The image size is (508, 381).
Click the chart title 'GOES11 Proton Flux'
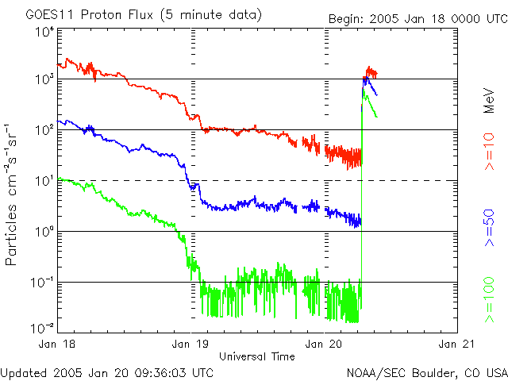89,15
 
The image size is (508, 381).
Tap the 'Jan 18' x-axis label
56,344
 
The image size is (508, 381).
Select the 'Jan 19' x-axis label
190,344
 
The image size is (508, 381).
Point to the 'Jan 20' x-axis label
324,344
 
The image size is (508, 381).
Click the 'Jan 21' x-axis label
456,344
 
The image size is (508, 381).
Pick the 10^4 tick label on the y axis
44,33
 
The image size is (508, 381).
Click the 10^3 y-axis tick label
44,79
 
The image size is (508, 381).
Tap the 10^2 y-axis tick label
44,129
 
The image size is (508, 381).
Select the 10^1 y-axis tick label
44,180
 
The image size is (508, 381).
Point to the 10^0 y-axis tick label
44,231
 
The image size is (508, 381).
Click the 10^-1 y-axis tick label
42,283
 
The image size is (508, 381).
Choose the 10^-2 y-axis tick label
42,329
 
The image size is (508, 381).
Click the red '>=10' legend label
489,152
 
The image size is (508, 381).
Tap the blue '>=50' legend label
489,228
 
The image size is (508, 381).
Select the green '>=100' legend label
489,300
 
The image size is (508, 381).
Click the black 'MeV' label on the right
489,101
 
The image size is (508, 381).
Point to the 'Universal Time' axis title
257,356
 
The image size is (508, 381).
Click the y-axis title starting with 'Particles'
11,194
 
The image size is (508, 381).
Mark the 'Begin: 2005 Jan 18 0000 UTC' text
418,19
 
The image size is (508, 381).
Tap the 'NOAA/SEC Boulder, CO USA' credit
427,373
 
